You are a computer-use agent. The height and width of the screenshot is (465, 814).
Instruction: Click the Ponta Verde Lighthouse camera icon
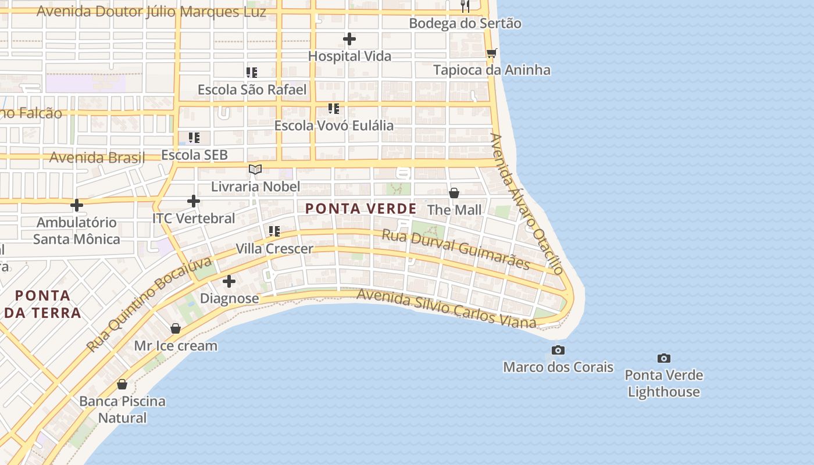coord(663,358)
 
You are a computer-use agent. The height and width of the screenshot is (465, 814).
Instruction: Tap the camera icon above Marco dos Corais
coord(558,350)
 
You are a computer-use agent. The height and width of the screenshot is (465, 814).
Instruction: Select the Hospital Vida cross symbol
coord(349,39)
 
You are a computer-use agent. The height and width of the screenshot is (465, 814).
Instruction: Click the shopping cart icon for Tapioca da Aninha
coord(492,53)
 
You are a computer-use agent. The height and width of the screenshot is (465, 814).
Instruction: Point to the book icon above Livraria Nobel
coord(255,169)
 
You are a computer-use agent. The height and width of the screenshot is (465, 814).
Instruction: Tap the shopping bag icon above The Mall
coord(454,193)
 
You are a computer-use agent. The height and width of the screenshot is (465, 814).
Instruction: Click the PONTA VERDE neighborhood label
coord(360,209)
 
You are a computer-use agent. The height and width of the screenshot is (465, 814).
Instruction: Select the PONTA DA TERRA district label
coord(43,304)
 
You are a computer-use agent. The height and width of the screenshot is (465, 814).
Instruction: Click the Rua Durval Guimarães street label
coord(456,249)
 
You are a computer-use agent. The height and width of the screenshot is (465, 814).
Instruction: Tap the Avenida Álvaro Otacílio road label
coord(527,203)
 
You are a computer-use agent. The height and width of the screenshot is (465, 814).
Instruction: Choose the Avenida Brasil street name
coord(97,158)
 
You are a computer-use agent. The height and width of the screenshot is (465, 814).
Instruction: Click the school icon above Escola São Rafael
coord(252,73)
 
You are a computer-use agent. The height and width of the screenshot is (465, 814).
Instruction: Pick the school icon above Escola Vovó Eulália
coord(334,109)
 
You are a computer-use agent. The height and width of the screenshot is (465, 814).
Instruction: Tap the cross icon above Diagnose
coord(229,281)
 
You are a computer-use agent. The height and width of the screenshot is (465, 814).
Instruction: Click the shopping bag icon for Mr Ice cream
coord(176,329)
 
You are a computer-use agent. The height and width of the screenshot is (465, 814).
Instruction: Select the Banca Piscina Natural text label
coord(122,409)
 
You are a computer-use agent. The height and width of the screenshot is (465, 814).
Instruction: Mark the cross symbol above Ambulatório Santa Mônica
coord(76,205)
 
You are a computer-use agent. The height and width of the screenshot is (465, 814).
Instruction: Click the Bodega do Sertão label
coord(465,23)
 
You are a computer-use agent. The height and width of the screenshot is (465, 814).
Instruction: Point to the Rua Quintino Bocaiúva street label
coord(149,305)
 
